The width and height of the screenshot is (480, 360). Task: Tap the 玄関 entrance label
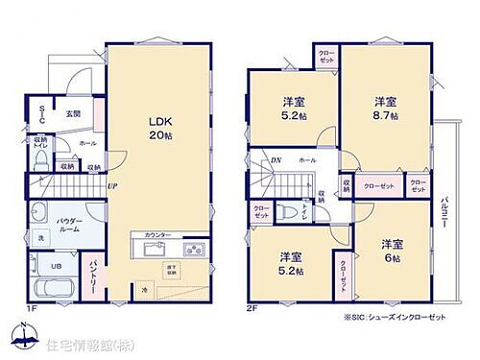(72, 113)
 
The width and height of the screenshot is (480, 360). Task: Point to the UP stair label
(112, 186)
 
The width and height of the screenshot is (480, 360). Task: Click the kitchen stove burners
(192, 250)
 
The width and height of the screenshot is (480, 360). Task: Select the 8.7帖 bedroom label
(386, 107)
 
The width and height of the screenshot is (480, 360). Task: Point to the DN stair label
(276, 161)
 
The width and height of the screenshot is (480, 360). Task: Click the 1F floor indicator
(31, 307)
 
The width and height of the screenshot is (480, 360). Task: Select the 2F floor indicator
(252, 307)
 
